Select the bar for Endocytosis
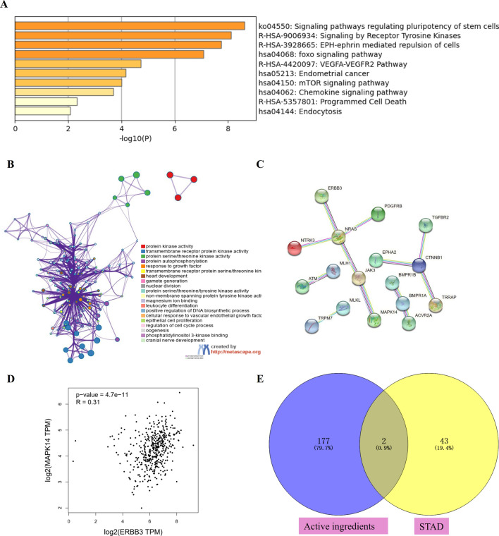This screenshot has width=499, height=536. [x=42, y=111]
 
